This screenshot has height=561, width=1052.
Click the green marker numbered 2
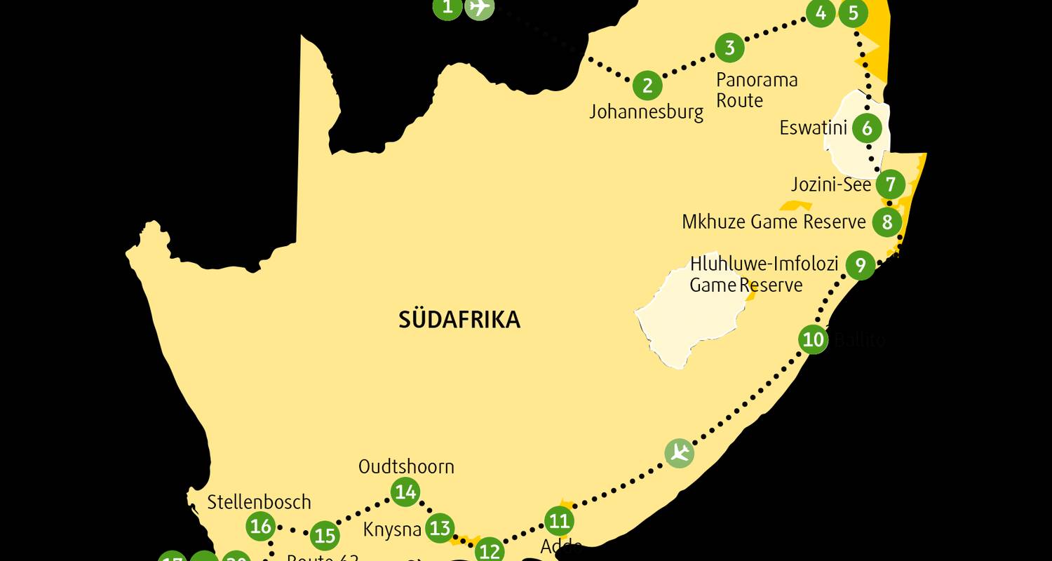coord(647,86)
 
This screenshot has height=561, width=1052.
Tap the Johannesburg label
coord(646,111)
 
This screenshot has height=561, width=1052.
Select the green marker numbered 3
coord(729,48)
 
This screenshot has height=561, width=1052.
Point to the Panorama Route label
coord(757,90)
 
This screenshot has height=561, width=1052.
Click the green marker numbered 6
coord(867,128)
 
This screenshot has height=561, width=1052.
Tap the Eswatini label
coord(813,128)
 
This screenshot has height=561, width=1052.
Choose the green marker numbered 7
coord(890,184)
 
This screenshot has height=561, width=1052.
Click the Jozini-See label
coord(830,184)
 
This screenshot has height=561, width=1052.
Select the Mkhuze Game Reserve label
coord(774,222)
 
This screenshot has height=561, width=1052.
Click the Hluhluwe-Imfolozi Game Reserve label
coord(764,274)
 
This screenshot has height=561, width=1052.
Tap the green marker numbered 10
coord(813,340)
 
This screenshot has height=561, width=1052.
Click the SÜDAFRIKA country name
coord(459,320)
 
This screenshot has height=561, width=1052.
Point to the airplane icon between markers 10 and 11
coord(679,452)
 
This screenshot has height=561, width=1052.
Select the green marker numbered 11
coord(559,521)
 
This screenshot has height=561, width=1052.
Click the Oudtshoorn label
coord(405,466)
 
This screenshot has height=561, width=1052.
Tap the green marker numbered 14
coord(405,492)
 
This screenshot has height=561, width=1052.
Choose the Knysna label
coord(392,529)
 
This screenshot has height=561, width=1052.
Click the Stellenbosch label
coord(259,502)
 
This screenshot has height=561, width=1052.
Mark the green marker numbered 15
coord(324,536)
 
